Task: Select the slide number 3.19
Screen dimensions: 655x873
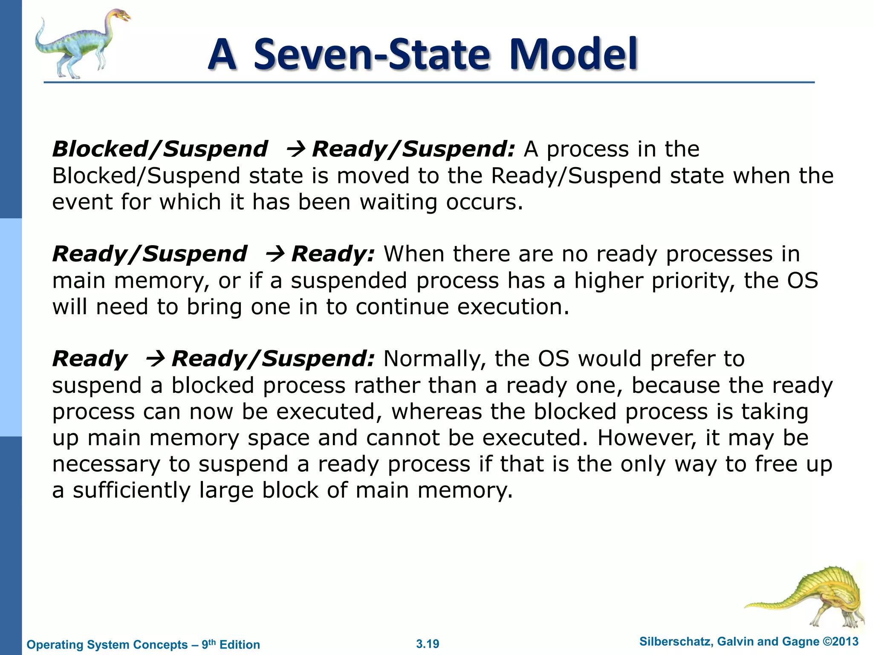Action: point(428,643)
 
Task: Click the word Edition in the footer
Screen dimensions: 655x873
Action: point(240,644)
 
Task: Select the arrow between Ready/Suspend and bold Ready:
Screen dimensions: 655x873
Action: point(275,255)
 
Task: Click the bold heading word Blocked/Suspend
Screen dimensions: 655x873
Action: point(160,149)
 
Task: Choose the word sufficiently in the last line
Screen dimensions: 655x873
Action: point(131,490)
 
